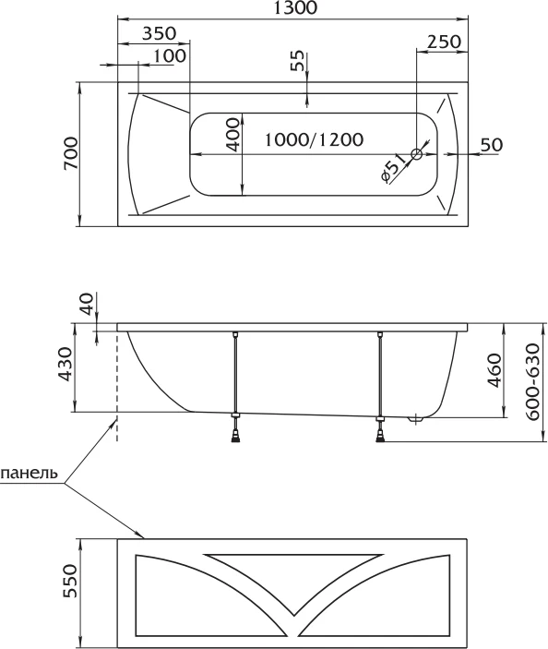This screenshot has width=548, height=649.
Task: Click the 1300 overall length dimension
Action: click(x=296, y=8)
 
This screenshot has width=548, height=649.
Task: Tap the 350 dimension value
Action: click(x=160, y=33)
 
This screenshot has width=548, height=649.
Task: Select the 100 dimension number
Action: click(x=170, y=55)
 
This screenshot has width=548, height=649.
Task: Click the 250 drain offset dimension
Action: click(x=444, y=42)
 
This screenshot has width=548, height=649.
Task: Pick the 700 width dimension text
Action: click(x=71, y=153)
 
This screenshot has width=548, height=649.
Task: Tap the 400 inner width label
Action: click(x=233, y=135)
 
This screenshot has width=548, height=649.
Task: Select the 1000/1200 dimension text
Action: click(x=314, y=139)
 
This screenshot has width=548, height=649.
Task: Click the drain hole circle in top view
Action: click(x=416, y=154)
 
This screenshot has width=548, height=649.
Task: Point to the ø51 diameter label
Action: click(x=392, y=168)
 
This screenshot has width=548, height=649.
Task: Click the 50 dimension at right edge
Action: click(x=492, y=145)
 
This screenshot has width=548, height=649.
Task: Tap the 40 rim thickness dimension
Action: click(x=88, y=304)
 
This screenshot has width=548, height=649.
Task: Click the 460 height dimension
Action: click(x=494, y=370)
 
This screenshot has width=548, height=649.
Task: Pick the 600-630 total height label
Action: click(x=533, y=382)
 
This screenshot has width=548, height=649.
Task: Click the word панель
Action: click(x=29, y=473)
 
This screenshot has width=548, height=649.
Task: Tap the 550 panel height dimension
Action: click(x=71, y=581)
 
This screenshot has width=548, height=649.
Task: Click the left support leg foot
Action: click(x=235, y=436)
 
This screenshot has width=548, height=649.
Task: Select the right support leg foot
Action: click(x=380, y=436)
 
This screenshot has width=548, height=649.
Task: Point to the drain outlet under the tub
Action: click(x=415, y=420)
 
